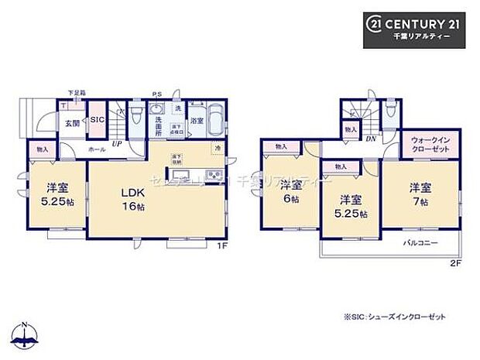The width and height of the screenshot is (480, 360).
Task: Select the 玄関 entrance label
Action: tap(71, 124)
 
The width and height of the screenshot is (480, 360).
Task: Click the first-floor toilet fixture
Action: tap(136, 118)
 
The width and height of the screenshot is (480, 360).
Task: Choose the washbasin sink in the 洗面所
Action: tap(157, 108)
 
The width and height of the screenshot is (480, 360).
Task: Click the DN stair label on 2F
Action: tap(371, 139)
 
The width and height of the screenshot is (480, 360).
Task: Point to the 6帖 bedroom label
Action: tap(291, 190)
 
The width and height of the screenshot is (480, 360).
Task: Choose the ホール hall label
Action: tap(97, 149)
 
